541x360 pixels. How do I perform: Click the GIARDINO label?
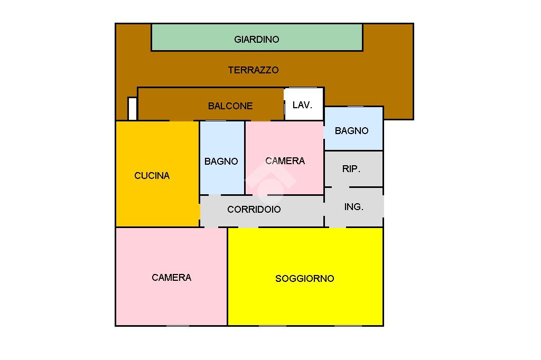[256, 39]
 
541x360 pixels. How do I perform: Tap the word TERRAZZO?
[253, 70]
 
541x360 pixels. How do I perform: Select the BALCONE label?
[230, 106]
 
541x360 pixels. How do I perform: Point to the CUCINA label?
[152, 176]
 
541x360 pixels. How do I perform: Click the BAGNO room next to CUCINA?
[222, 158]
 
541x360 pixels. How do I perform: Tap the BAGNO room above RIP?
[353, 129]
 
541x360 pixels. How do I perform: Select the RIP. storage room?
[353, 169]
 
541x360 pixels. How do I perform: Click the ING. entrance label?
[353, 206]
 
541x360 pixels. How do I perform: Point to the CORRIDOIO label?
[254, 210]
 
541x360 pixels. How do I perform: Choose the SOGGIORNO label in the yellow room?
[305, 278]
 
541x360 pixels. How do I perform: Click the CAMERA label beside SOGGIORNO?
[172, 278]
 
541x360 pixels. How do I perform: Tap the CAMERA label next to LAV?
[285, 160]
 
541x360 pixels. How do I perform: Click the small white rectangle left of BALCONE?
[133, 109]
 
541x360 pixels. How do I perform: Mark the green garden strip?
[257, 37]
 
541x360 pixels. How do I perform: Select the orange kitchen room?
[157, 174]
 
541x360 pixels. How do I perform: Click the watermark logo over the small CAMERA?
[270, 183]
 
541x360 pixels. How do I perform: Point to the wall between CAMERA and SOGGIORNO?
[227, 277]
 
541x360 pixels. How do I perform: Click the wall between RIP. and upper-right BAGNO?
[353, 150]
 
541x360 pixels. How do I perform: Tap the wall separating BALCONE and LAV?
[284, 104]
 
